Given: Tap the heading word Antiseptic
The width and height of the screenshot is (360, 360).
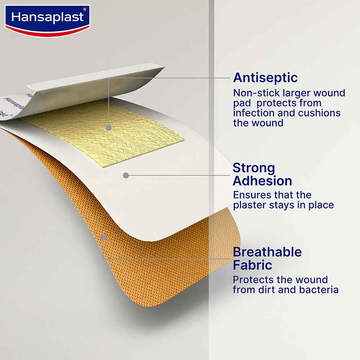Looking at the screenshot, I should click(x=265, y=78).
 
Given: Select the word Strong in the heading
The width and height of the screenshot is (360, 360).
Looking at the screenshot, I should click(x=254, y=168).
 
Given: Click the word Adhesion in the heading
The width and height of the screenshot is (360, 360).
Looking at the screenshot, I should click(x=262, y=181).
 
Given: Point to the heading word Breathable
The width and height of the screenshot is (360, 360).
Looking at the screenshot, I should click(x=267, y=252).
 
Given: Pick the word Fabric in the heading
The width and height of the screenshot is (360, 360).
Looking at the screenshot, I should click(x=252, y=265).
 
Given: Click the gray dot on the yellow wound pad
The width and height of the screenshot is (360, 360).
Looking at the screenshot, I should click(x=109, y=128).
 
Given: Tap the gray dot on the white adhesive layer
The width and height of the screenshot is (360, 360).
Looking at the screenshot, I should click(x=125, y=175).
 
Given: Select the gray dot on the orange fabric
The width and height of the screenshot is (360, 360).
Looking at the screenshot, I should click(x=103, y=237).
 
